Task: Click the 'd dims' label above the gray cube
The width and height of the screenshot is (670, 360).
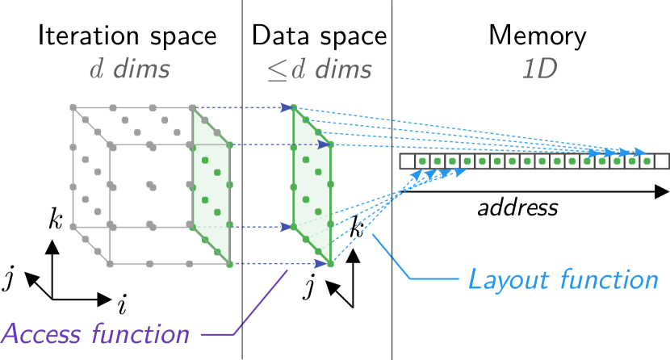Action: point(129,69)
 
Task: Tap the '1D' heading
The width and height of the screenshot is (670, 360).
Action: point(539,69)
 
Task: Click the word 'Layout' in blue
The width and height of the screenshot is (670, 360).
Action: point(507,280)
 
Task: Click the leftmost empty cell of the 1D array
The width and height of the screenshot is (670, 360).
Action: point(407,161)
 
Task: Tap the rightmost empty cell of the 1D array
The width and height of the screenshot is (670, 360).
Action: point(662,161)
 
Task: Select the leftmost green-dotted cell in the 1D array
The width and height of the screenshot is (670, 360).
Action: point(422,161)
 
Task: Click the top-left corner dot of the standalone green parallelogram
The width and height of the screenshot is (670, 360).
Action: point(294,107)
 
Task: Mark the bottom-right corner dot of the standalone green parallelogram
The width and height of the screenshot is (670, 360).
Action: point(330,263)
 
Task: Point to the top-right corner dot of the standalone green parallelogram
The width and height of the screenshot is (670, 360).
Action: point(330,145)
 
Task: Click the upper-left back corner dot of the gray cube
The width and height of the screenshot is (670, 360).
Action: point(73,107)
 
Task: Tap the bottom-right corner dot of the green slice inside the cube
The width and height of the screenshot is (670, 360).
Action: point(229,263)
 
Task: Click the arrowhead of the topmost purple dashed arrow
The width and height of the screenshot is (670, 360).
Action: point(287,107)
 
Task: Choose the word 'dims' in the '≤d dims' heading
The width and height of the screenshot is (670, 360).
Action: point(343,69)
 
